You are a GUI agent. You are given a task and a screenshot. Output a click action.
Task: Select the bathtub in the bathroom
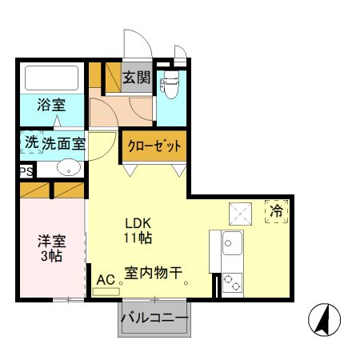[x=51, y=78]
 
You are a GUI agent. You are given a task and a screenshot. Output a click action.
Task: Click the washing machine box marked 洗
[x=30, y=143]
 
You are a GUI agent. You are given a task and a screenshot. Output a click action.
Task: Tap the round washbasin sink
[x=69, y=168]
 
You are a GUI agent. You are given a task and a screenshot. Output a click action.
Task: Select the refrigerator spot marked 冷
[x=275, y=212]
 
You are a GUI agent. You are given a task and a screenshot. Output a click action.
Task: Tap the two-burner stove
[x=231, y=281]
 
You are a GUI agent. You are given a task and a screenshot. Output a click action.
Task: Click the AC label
[x=105, y=280]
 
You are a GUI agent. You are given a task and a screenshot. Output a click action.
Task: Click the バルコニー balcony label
[x=154, y=318]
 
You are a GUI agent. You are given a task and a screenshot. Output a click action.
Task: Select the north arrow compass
[x=324, y=321]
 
